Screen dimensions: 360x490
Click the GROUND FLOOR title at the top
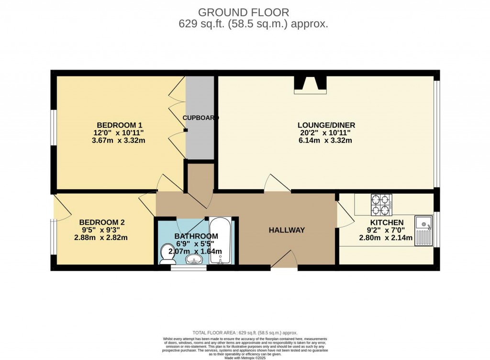click(x=245, y=12)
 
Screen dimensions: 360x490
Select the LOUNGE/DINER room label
click(x=326, y=125)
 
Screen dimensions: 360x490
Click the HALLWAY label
click(x=287, y=230)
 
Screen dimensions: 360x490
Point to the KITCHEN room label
click(x=387, y=222)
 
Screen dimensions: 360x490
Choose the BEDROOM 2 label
click(x=102, y=222)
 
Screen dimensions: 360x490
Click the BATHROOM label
click(x=196, y=236)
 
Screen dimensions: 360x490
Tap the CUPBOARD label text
click(x=200, y=118)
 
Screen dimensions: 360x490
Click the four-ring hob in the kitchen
click(x=381, y=205)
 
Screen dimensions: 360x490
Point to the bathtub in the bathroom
click(x=221, y=241)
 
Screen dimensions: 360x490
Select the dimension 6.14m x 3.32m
click(x=326, y=141)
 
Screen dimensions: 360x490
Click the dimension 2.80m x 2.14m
click(x=387, y=238)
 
